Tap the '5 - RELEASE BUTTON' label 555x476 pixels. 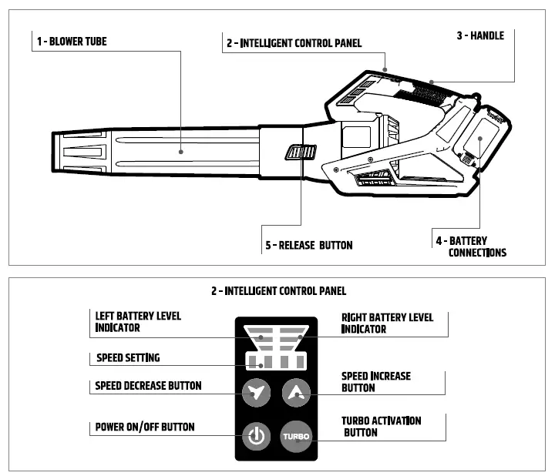click(x=308, y=245)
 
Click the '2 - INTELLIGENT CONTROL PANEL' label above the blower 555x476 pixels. click(x=294, y=43)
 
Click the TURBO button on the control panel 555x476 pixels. click(x=295, y=437)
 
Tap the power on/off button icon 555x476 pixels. click(x=256, y=437)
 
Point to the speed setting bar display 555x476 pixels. click(x=275, y=361)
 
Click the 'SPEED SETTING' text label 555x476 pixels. click(x=128, y=358)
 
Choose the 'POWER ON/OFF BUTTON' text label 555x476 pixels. click(x=144, y=427)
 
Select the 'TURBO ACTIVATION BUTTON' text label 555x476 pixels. click(x=381, y=427)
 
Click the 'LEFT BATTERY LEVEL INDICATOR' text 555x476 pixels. click(x=138, y=322)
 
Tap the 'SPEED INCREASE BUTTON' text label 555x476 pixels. click(x=376, y=382)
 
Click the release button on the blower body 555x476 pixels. click(x=300, y=152)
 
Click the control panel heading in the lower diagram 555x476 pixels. click(x=278, y=291)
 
